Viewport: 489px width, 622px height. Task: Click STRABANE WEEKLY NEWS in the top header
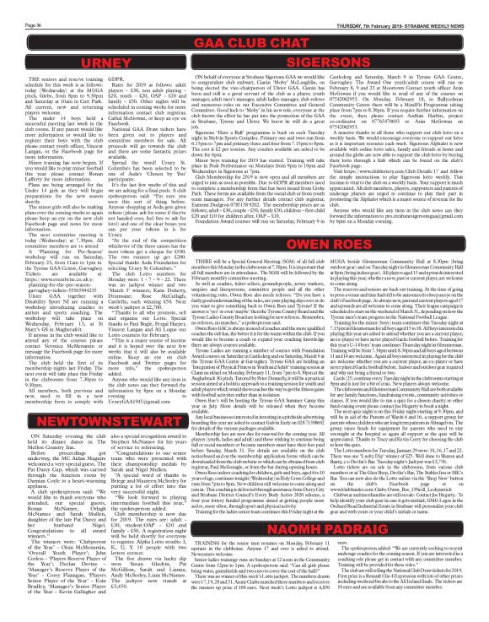click(x=439, y=6)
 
